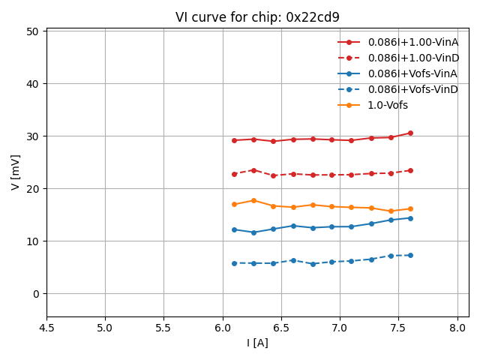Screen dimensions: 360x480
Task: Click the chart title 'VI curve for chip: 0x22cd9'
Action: click(257, 17)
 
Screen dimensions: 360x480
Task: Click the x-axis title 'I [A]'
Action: click(257, 343)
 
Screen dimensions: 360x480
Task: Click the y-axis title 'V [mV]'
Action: click(16, 172)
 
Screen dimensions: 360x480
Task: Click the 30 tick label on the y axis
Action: click(32, 136)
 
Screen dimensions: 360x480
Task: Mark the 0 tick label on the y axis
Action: click(35, 294)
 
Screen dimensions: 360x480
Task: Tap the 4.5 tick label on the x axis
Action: click(46, 328)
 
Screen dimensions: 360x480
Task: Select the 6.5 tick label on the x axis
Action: click(281, 328)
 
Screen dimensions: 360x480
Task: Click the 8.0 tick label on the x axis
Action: click(457, 328)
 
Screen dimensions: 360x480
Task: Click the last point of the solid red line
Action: click(410, 133)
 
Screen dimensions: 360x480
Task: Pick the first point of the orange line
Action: click(234, 204)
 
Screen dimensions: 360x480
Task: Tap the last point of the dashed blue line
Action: click(410, 255)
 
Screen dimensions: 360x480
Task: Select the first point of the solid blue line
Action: click(234, 229)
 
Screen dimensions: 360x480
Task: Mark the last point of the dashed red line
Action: click(410, 170)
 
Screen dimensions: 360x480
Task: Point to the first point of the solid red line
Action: click(234, 140)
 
